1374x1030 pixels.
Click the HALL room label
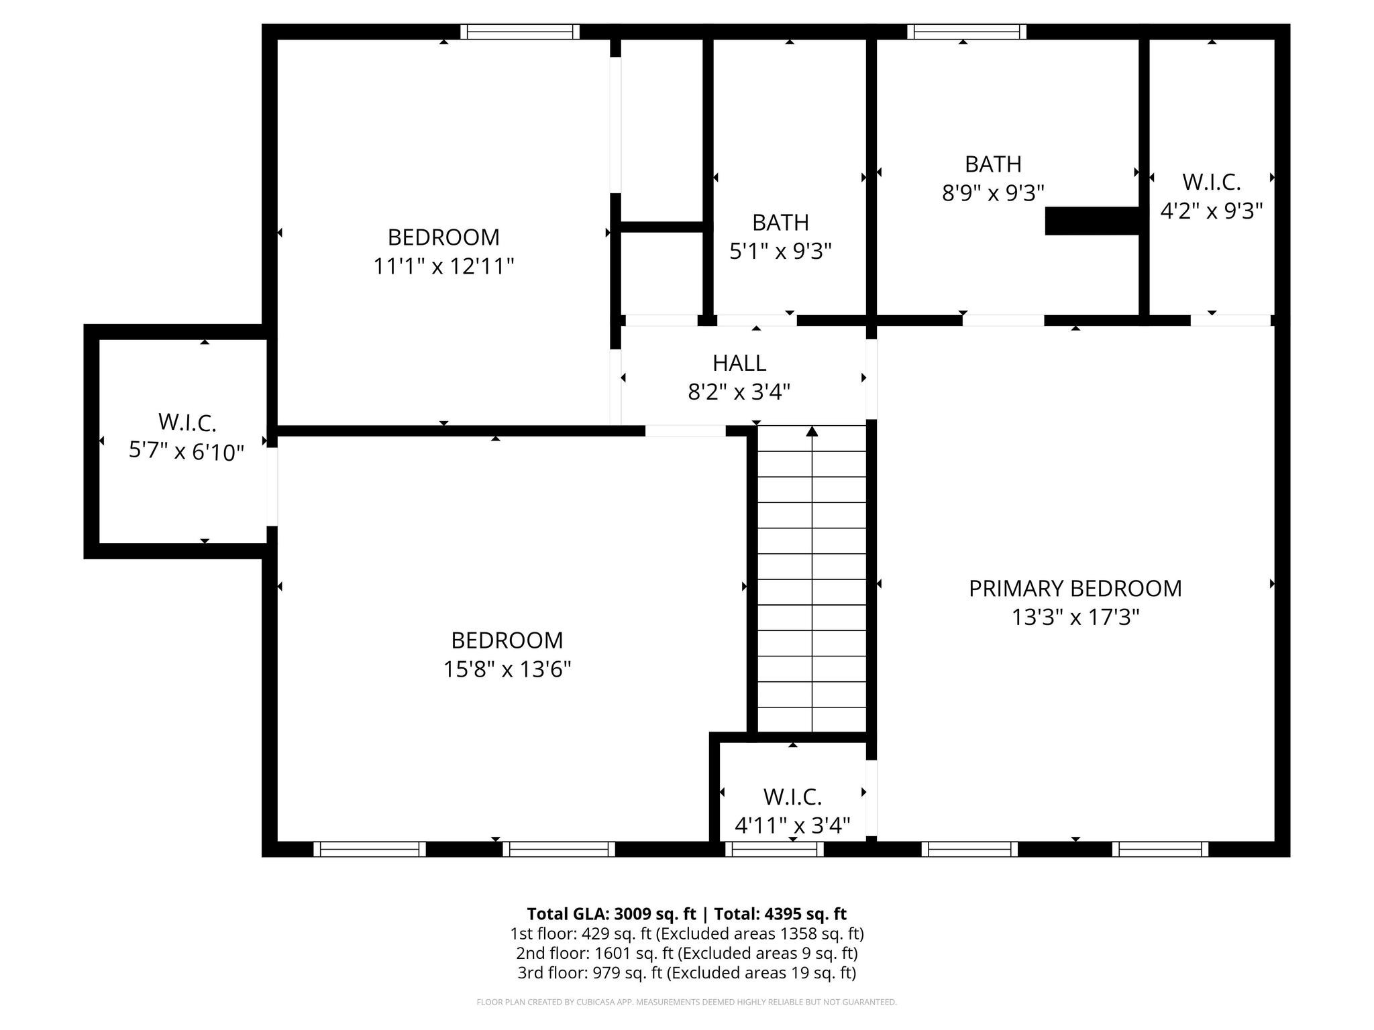739,363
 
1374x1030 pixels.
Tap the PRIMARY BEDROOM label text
1075,588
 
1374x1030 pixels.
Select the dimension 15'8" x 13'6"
507,669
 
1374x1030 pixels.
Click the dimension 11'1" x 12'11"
443,266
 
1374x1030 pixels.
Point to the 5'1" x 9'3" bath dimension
780,251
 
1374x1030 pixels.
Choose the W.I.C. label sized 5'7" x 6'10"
187,422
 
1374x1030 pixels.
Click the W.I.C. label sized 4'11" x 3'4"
792,797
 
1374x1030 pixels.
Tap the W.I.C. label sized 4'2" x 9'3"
1211,182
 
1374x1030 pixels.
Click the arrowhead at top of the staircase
812,431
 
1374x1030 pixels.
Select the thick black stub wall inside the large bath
1093,221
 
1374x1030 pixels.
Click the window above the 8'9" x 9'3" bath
966,32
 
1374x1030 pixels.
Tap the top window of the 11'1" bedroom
520,32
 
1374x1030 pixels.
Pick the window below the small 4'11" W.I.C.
774,849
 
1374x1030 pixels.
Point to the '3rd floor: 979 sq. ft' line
686,972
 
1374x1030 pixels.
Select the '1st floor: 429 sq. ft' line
686,933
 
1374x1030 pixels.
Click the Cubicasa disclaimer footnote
686,1003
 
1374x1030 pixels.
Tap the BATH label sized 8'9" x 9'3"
993,164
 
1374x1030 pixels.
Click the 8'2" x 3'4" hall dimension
739,392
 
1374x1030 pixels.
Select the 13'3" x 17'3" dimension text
1075,617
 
